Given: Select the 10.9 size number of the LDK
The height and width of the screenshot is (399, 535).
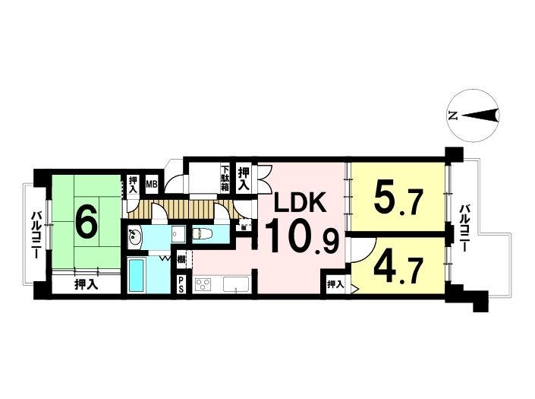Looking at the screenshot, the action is [301, 236].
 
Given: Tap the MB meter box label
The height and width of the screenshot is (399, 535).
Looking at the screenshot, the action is [152, 185].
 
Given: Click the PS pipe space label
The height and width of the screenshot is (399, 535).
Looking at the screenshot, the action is [181, 284].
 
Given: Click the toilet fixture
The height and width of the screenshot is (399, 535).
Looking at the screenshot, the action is [203, 234].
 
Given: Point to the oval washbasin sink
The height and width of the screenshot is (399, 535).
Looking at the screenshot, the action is [135, 236].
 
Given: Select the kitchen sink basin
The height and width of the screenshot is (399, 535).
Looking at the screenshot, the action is [236, 284].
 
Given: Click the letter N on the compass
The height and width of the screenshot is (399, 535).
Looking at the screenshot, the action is [452, 116].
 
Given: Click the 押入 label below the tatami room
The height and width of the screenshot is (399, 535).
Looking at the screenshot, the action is [87, 284].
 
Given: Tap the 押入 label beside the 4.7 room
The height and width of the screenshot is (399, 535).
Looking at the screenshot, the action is [335, 284].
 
